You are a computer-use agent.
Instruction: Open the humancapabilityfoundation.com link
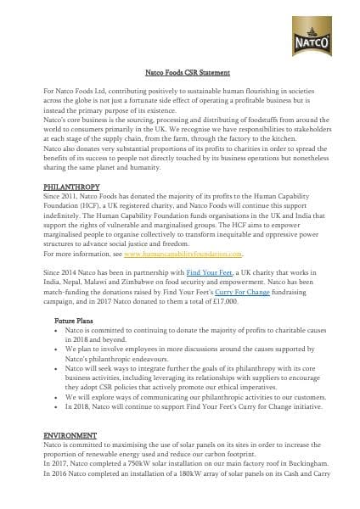(x=183, y=253)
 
